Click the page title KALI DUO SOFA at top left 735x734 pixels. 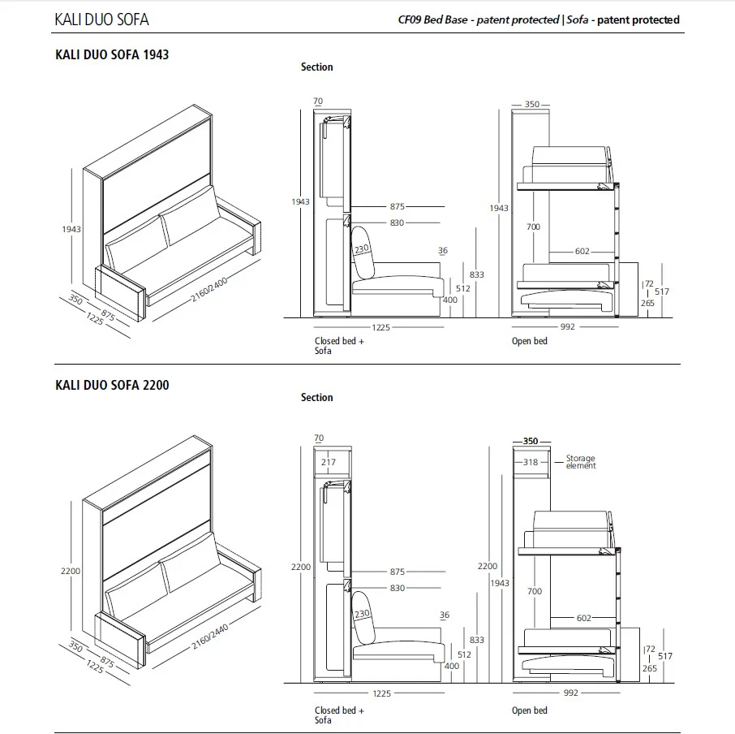tap(101, 19)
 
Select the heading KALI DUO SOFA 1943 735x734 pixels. tap(112, 55)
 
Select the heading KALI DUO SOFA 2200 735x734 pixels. tap(112, 385)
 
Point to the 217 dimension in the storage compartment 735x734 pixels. tap(328, 463)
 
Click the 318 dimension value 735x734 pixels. tap(531, 462)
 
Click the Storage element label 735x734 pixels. tap(581, 462)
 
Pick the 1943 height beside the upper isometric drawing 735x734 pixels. tap(71, 230)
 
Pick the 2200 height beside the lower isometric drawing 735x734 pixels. tap(71, 572)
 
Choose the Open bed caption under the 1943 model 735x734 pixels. tap(529, 341)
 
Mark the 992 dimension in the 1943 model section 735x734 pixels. tap(567, 327)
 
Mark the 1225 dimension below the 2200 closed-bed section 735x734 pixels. tap(381, 693)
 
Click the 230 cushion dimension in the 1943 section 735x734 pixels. tap(361, 249)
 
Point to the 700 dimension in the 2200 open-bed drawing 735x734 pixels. tap(533, 592)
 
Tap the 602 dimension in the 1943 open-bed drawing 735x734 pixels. tap(582, 252)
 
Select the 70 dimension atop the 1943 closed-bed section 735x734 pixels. tap(317, 101)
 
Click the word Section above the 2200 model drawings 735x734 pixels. tap(316, 397)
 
